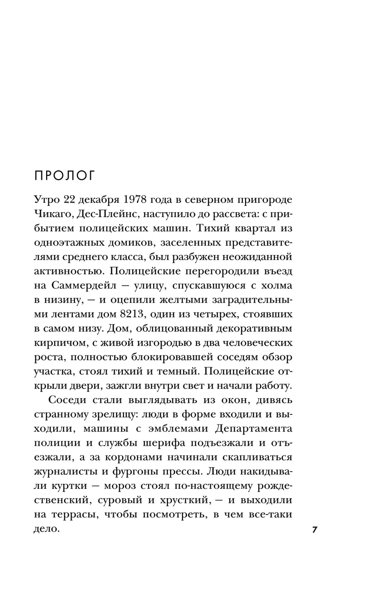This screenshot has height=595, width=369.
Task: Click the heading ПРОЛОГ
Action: click(x=65, y=176)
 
